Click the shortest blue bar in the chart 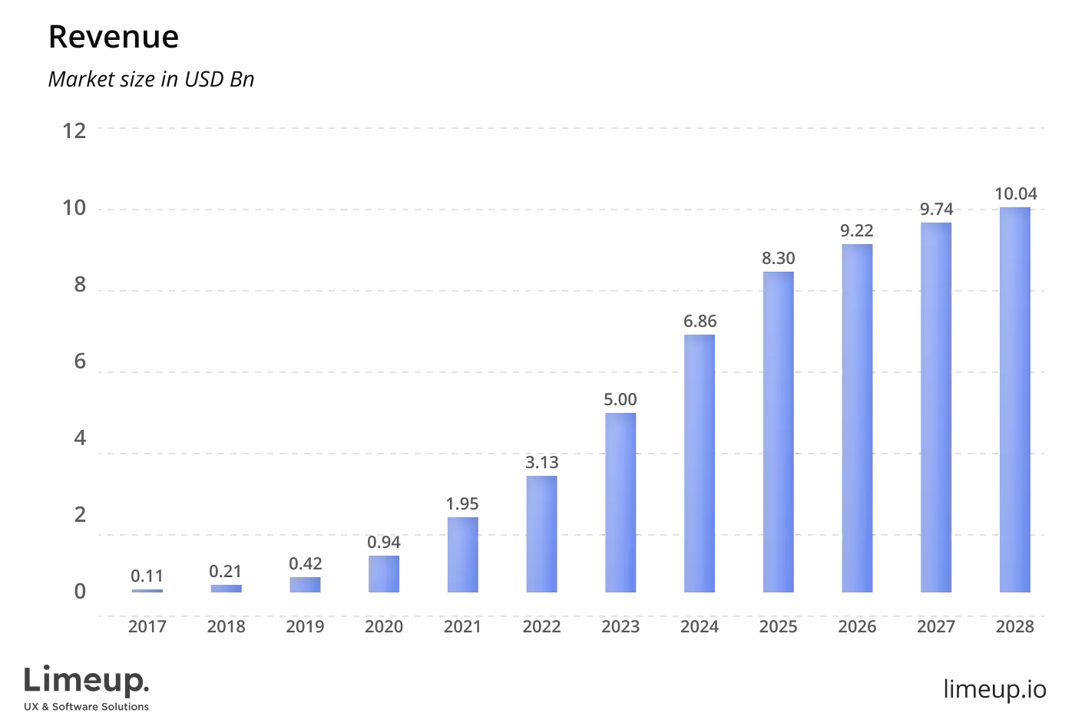tap(147, 591)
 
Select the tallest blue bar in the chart tap(1014, 399)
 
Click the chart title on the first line tap(113, 38)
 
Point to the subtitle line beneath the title tap(150, 81)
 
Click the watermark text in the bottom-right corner tap(994, 688)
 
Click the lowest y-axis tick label tap(79, 590)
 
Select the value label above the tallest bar tap(1016, 193)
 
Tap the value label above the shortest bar tap(147, 573)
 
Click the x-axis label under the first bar tap(147, 628)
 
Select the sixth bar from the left tap(541, 533)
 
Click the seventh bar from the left tap(620, 503)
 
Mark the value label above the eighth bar tap(700, 322)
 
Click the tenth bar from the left tap(859, 418)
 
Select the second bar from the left tap(227, 589)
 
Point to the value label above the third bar tap(306, 562)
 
